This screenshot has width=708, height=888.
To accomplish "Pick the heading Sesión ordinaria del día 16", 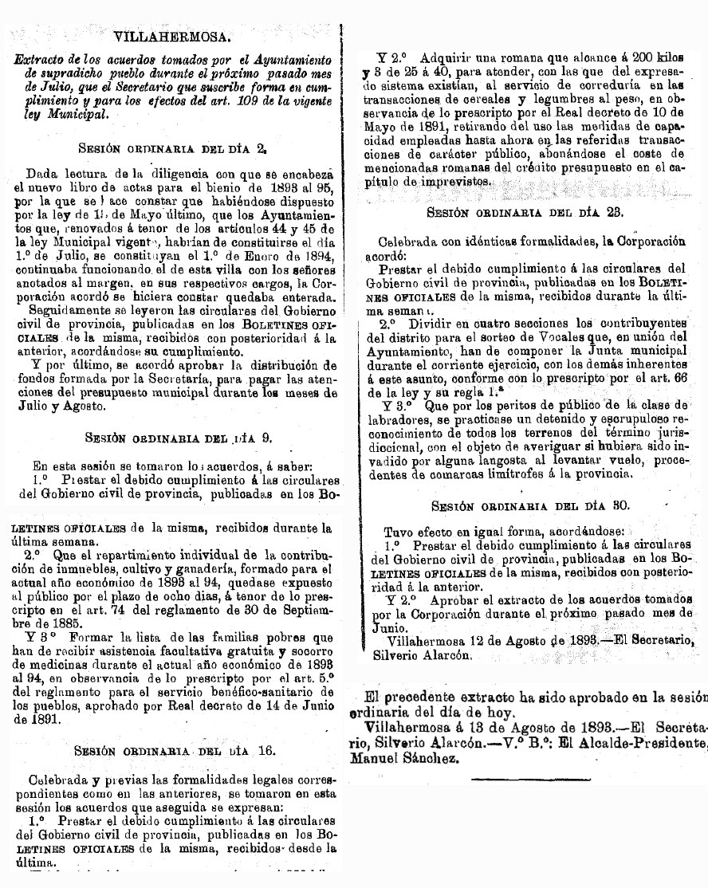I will [173, 750].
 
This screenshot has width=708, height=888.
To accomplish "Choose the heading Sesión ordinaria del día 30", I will [530, 505].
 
